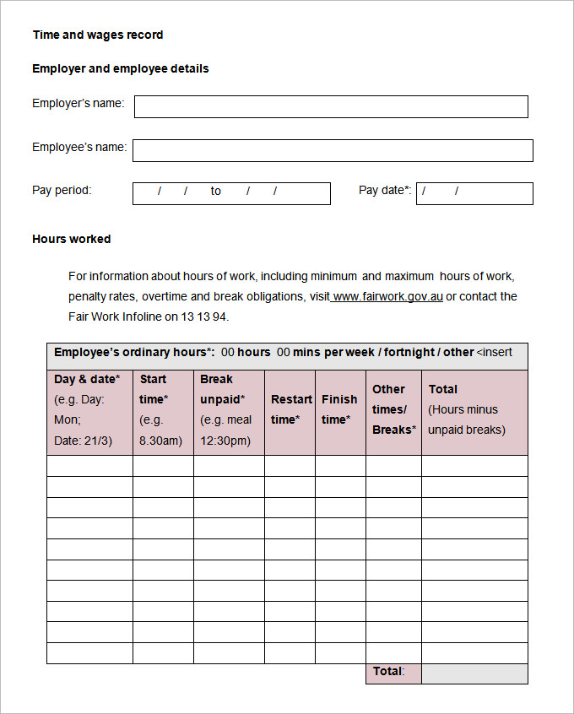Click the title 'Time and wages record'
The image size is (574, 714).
[98, 35]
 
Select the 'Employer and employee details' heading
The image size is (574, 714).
[120, 68]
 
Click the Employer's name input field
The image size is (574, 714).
[331, 106]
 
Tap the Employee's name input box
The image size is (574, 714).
[333, 150]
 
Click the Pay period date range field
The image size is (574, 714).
[231, 193]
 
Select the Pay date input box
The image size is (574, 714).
[474, 193]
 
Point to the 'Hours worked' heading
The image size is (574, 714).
[72, 239]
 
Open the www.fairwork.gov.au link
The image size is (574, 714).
[387, 297]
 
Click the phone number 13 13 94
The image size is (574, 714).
[203, 317]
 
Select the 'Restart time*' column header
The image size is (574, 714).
[290, 409]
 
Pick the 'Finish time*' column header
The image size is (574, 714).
[340, 409]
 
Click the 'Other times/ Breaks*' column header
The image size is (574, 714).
[393, 409]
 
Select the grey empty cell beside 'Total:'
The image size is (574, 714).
[474, 673]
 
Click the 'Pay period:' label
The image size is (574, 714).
[62, 191]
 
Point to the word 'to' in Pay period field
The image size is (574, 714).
[216, 192]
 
